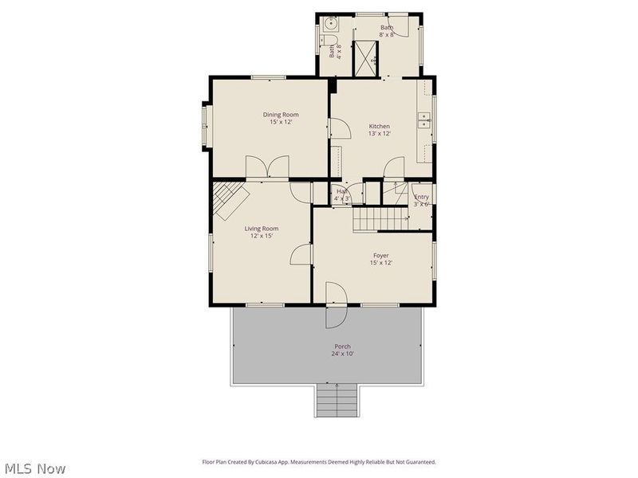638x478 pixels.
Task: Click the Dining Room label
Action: tap(281, 115)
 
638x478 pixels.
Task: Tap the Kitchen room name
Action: tap(379, 127)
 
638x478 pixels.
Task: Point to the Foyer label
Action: tap(380, 256)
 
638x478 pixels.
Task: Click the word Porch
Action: tap(342, 347)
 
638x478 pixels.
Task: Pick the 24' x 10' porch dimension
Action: tap(342, 354)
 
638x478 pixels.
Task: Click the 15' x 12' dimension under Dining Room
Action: tap(281, 122)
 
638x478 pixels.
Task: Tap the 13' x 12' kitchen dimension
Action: tap(379, 134)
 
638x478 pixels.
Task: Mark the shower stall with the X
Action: tap(365, 56)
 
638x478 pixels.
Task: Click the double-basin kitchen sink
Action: tap(425, 120)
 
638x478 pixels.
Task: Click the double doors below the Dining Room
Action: tap(267, 168)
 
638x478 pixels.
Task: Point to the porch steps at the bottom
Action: tap(337, 400)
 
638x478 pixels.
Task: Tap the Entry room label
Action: tap(421, 197)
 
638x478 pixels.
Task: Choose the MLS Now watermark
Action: tap(34, 468)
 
